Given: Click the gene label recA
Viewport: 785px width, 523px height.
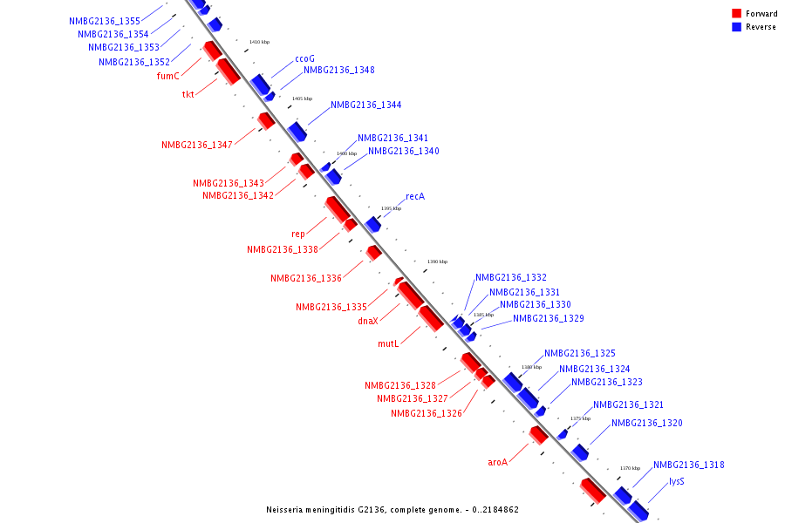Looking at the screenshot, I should coord(415,197).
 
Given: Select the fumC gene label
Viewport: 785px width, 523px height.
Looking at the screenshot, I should coord(167,76).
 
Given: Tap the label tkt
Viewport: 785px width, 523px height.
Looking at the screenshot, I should coord(188,94).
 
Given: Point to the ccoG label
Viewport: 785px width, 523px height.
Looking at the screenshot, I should coord(304,59).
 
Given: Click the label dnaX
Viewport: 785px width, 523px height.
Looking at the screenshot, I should coord(368,321).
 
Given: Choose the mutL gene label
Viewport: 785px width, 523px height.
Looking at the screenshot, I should coord(388,343).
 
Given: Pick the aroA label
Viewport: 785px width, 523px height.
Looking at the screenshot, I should coord(497,462).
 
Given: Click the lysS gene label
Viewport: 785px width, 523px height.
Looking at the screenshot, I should coord(676,481).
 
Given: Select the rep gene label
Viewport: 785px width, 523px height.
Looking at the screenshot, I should coord(298,234).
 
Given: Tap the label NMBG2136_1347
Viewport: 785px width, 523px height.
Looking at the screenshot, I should coord(196,145).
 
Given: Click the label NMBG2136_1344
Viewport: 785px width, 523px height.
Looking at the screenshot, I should coord(365,105).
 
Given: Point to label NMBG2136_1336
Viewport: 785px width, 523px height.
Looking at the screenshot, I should coord(305,278).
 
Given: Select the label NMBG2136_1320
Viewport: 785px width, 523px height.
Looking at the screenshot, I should coord(646,424).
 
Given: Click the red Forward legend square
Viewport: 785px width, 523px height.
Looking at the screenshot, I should coord(737,14).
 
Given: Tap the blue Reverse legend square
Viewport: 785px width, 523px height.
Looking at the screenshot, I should coord(737,27).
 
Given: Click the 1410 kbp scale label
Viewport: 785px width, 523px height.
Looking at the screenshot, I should coord(259,42).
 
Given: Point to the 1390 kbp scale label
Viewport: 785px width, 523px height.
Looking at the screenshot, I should coord(437,261).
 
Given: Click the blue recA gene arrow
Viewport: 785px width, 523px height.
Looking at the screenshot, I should coord(373,224).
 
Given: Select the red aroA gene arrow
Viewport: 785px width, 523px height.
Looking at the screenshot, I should coord(538,433).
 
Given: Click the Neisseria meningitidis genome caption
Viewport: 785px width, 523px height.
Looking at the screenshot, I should coord(392,509).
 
